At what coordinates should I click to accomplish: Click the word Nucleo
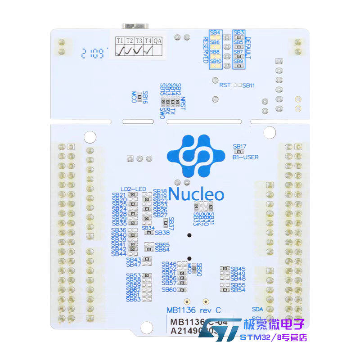pyautogui.click(x=197, y=194)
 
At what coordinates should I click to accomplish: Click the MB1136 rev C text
pyautogui.click(x=193, y=310)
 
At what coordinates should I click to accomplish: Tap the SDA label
pyautogui.click(x=257, y=309)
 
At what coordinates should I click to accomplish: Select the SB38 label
pyautogui.click(x=163, y=233)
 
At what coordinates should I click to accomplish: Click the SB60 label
pyautogui.click(x=168, y=290)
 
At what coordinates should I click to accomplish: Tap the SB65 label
pyautogui.click(x=162, y=244)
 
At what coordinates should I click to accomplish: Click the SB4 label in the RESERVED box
pyautogui.click(x=215, y=33)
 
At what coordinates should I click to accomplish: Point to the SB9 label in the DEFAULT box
pyautogui.click(x=238, y=61)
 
